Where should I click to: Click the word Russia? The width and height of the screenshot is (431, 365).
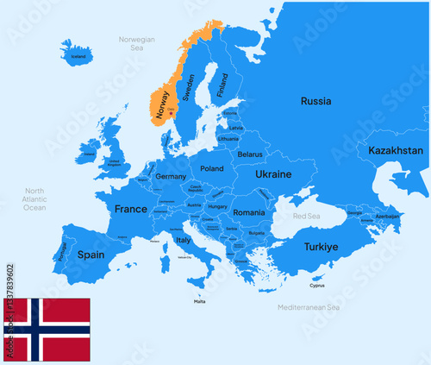tap(315, 101)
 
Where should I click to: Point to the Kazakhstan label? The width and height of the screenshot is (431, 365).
tap(396, 150)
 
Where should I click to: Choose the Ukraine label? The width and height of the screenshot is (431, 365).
tap(273, 173)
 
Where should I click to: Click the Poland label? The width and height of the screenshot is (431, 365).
tap(211, 169)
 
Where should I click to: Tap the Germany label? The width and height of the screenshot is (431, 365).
tap(172, 176)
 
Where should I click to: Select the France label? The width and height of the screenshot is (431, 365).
tap(131, 209)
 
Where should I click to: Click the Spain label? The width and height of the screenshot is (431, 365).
tap(91, 255)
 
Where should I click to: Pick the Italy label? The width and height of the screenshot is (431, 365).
tap(183, 240)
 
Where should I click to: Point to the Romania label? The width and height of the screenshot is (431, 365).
tap(248, 212)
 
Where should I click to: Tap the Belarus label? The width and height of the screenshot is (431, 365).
tap(249, 154)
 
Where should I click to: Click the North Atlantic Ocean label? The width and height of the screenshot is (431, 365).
tap(34, 199)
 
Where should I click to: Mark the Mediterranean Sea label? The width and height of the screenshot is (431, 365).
tap(309, 307)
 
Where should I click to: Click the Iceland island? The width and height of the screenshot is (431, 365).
tap(78, 53)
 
